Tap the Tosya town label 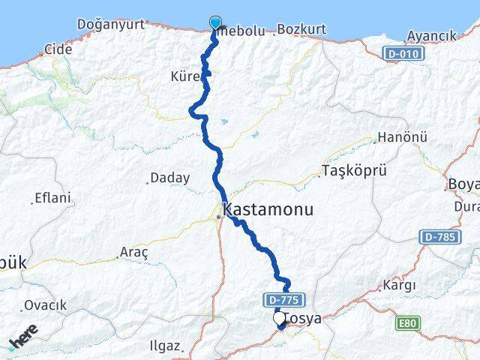[304, 319]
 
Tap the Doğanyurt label [110, 25]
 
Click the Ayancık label [431, 36]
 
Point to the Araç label [133, 253]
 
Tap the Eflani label [52, 199]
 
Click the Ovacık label [45, 305]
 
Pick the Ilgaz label [164, 346]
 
